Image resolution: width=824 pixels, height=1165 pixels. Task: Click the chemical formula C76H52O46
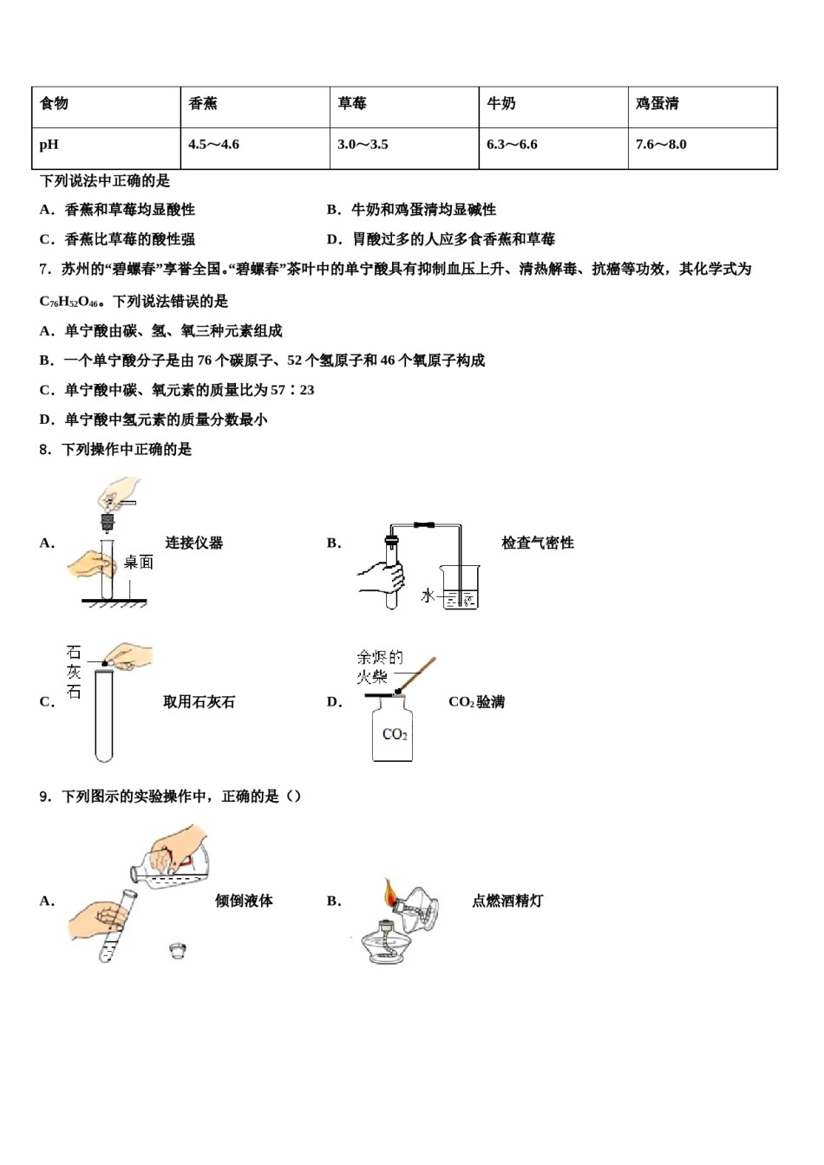(x=69, y=302)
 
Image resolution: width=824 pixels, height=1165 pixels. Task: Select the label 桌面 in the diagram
(x=138, y=563)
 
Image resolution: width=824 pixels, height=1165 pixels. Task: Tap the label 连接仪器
(x=194, y=543)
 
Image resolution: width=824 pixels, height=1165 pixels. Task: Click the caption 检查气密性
(x=538, y=543)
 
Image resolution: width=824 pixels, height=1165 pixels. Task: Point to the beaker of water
(x=460, y=587)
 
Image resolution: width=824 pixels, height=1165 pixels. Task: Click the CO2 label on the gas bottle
(x=395, y=735)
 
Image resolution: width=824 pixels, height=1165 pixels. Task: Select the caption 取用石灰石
(x=199, y=702)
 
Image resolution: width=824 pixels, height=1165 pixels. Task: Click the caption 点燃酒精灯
(x=507, y=901)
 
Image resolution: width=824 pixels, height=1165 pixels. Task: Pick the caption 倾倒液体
(x=244, y=901)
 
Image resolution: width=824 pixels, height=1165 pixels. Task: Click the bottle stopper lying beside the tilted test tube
(x=179, y=950)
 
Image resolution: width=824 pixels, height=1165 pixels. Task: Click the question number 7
(x=44, y=270)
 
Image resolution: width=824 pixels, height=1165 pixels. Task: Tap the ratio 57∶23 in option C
(x=292, y=390)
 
